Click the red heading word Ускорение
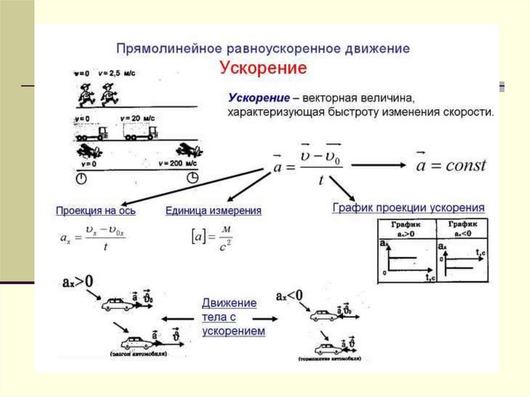click(263, 68)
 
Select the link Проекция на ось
click(96, 211)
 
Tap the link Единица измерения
click(213, 211)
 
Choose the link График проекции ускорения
click(408, 208)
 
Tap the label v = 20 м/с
click(137, 119)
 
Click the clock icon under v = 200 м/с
click(192, 178)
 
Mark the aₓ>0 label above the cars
click(76, 282)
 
